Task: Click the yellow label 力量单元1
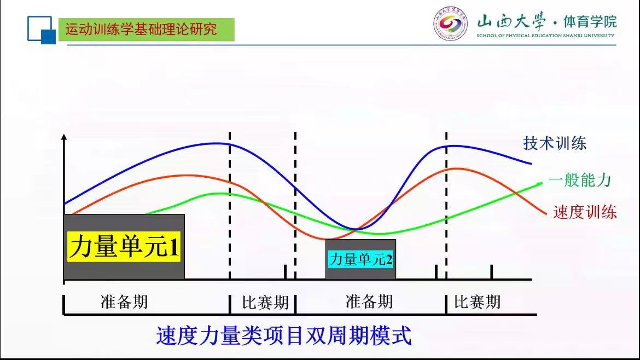tap(124, 247)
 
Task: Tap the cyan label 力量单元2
tap(360, 259)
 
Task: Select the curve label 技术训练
tap(555, 143)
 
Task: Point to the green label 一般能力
tap(580, 180)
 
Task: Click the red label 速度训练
tap(585, 212)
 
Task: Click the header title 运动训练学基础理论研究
tap(141, 30)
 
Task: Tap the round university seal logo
tap(450, 24)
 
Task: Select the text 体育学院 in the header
tap(590, 22)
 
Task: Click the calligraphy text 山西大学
tap(511, 21)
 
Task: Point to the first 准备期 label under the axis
tap(124, 302)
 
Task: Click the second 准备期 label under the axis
tap(369, 302)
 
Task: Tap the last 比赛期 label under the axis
tap(478, 303)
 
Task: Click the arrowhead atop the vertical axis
tap(63, 137)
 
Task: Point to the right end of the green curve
tap(542, 184)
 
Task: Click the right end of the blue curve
tap(531, 164)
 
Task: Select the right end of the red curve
tap(546, 213)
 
